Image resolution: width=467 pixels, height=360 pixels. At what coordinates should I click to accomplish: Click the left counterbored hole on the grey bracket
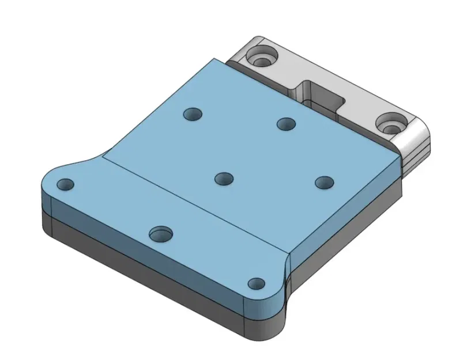(x=262, y=58)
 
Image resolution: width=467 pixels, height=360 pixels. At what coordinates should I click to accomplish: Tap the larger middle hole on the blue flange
(x=161, y=234)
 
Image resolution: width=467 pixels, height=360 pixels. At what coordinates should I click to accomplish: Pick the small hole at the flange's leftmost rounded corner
(x=66, y=185)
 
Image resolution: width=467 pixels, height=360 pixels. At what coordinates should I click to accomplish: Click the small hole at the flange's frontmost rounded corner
(x=255, y=283)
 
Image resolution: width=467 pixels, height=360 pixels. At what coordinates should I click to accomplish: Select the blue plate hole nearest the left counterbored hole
(x=193, y=114)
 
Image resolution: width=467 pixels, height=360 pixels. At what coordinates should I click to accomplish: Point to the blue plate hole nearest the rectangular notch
(x=286, y=123)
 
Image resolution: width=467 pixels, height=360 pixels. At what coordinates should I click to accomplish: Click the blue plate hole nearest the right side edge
(x=325, y=183)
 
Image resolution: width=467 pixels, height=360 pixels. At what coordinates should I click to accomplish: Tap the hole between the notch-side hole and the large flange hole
(x=224, y=179)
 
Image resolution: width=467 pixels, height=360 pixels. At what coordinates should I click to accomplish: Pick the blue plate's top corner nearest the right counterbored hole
(x=400, y=156)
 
